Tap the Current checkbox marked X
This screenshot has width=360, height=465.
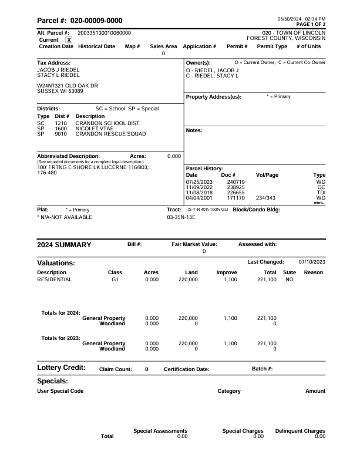tap(69, 39)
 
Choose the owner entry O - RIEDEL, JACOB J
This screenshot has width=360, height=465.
tap(213, 70)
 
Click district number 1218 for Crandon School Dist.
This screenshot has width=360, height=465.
tap(61, 123)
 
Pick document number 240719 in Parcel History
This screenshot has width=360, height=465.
tap(235, 182)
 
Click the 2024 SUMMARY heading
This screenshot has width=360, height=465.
tap(64, 244)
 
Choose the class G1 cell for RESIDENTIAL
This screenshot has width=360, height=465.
tap(115, 280)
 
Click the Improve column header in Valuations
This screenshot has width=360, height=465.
tap(227, 272)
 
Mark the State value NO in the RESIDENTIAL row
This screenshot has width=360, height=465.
tap(289, 280)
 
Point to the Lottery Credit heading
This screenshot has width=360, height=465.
tap(61, 368)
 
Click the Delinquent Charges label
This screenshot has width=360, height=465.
tap(300, 431)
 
